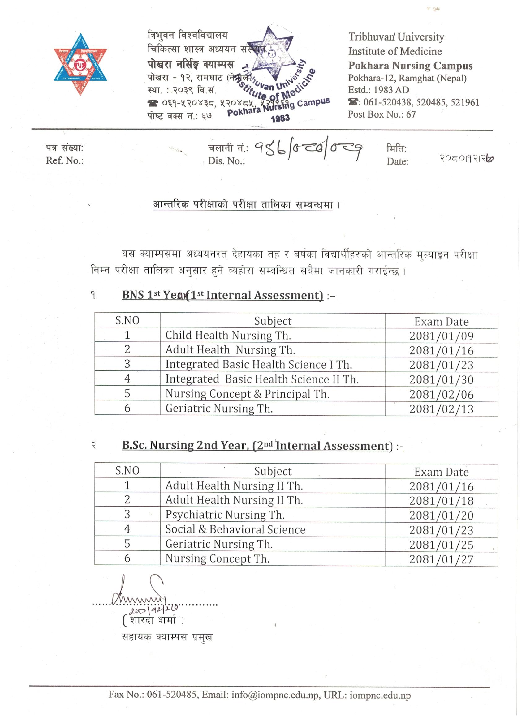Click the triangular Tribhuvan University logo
point(80,64)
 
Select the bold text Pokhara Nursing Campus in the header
point(410,65)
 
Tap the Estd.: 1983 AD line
point(378,90)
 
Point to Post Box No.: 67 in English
point(382,114)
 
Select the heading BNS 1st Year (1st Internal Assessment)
point(222,295)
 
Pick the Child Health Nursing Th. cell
point(228,335)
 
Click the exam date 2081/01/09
point(441,336)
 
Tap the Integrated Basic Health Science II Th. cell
point(261,379)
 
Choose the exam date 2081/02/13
point(441,409)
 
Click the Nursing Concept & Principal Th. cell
point(247,394)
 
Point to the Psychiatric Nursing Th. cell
point(225,515)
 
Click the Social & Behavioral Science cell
point(235,529)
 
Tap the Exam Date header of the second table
point(441,472)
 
